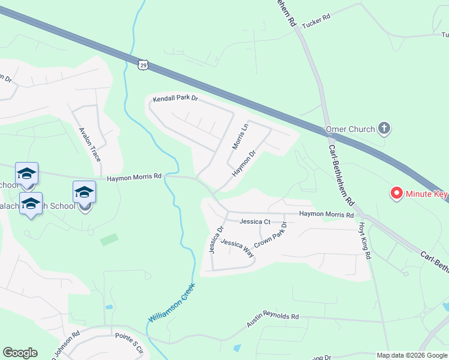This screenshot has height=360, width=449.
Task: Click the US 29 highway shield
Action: (x=142, y=64)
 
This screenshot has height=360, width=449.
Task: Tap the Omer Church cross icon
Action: (x=384, y=128)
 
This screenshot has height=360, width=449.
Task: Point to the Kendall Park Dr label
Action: (x=175, y=99)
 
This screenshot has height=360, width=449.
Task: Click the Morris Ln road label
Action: (x=240, y=137)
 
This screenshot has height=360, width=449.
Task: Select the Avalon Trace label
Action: (x=90, y=143)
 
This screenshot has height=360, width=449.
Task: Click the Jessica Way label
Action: (x=237, y=248)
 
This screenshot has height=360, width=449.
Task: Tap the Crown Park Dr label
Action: (x=271, y=236)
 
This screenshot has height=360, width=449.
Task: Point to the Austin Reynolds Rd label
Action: (x=273, y=319)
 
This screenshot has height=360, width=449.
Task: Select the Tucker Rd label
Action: (x=316, y=20)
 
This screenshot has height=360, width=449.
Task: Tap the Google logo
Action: (x=20, y=353)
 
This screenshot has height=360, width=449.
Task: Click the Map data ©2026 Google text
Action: (x=411, y=355)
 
